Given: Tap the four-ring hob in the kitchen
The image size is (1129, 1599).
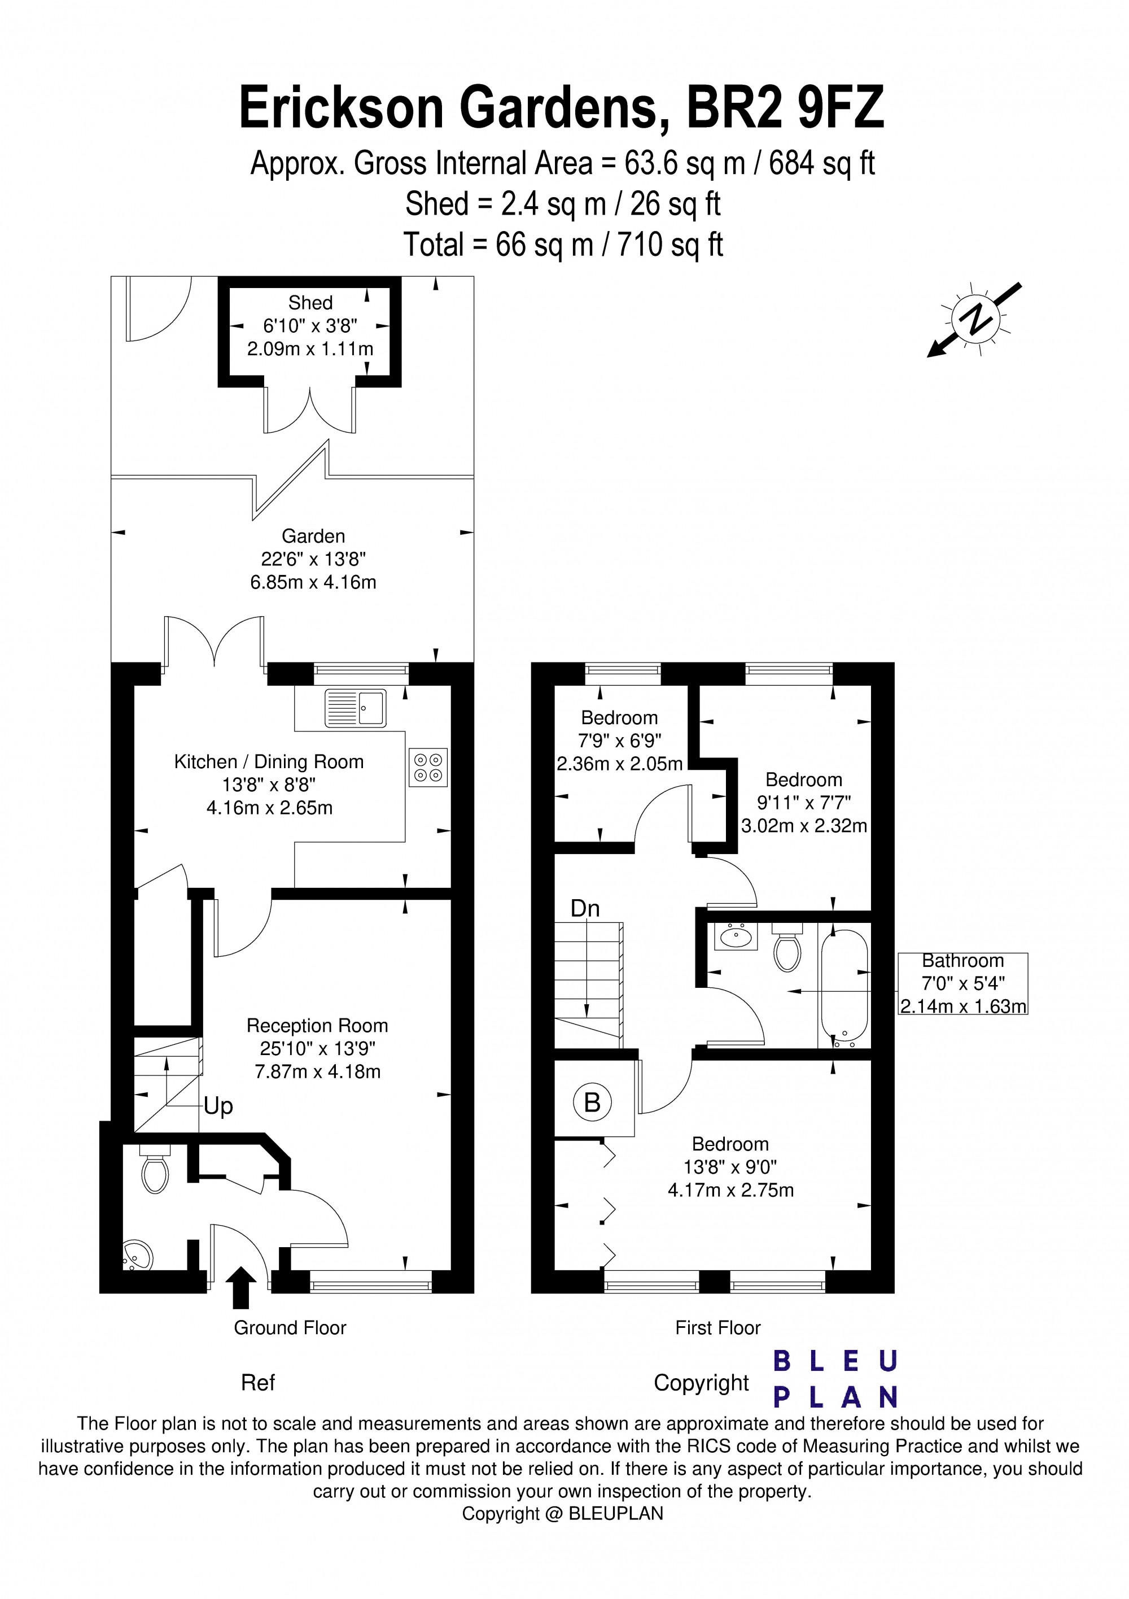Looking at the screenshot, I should click(x=428, y=767).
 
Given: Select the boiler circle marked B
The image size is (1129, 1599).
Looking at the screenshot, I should click(x=592, y=1103).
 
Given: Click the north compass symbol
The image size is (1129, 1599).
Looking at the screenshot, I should click(x=975, y=320).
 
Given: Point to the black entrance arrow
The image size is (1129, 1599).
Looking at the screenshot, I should click(x=241, y=1288).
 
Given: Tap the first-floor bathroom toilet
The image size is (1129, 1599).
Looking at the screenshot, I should click(x=787, y=948).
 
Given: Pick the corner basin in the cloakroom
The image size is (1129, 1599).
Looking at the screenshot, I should click(x=137, y=1255).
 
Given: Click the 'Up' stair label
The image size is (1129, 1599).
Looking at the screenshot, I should click(x=218, y=1106).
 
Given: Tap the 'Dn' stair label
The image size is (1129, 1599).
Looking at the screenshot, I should click(x=585, y=908).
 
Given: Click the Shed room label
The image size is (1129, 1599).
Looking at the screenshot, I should click(x=310, y=303).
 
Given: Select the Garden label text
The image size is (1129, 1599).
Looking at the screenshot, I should click(x=313, y=536).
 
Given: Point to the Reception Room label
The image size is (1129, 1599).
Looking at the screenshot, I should click(x=317, y=1025).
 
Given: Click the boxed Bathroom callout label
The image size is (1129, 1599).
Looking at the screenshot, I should click(x=962, y=983).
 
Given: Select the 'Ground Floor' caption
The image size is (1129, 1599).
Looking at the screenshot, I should click(x=290, y=1327).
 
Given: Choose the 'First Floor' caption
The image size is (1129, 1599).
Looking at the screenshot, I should click(x=717, y=1327).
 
